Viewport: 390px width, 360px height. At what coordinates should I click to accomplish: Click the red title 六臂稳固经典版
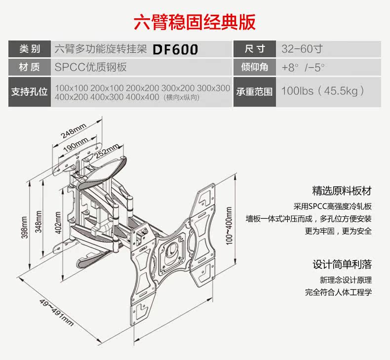click(x=195, y=22)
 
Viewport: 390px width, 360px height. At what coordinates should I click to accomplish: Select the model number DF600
click(x=175, y=49)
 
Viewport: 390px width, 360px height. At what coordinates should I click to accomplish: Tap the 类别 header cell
click(x=29, y=49)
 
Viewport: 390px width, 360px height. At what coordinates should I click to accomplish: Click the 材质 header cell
click(x=29, y=67)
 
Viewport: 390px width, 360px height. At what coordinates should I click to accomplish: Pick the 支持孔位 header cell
click(x=29, y=92)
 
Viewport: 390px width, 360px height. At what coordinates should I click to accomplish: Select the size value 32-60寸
click(x=302, y=49)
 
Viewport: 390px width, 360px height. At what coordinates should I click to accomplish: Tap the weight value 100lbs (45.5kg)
click(x=323, y=91)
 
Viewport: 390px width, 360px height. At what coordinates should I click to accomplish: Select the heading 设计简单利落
click(x=342, y=264)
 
